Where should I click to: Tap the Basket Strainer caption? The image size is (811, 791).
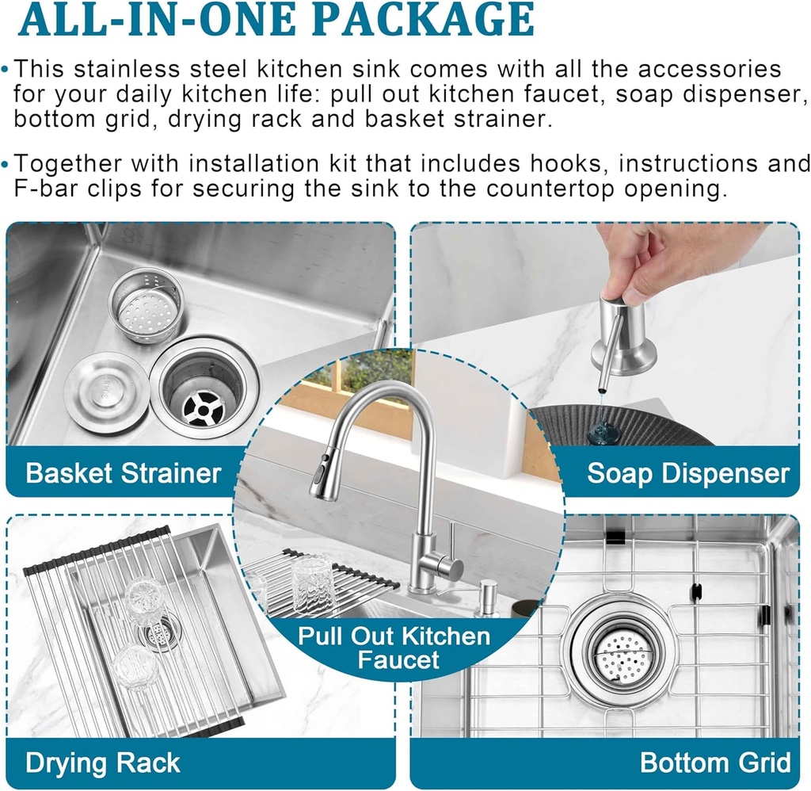tap(123, 473)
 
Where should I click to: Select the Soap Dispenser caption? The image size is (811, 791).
tap(687, 473)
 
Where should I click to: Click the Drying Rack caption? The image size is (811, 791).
tap(103, 762)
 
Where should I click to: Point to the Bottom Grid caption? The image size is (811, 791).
tap(714, 762)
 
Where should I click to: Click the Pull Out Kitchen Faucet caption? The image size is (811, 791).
tap(394, 648)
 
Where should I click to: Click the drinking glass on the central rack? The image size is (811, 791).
tap(313, 583)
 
